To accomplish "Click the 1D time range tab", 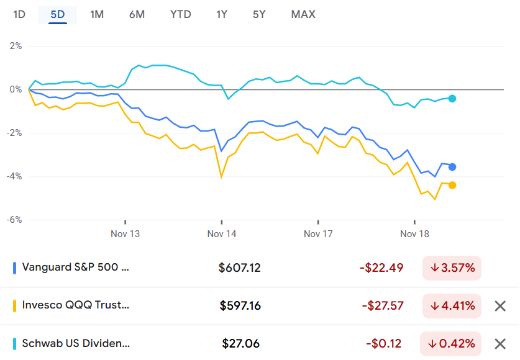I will (x=19, y=14).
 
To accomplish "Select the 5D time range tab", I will (x=58, y=14).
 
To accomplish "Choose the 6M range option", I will (x=137, y=14).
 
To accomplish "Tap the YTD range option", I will (x=181, y=14).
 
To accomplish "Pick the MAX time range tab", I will (x=303, y=14).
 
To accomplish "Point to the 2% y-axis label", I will (x=15, y=46).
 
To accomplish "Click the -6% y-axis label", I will (x=14, y=220).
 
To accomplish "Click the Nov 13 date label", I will (x=125, y=234).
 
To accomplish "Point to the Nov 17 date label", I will (x=318, y=234).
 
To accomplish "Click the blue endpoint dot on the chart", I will (x=452, y=167).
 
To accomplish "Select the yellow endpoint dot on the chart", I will (x=452, y=185).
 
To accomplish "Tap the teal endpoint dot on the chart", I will (x=452, y=99).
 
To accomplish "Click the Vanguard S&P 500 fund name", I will (x=76, y=268).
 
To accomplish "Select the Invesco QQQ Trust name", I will (x=76, y=305).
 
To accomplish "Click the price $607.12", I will (x=240, y=268).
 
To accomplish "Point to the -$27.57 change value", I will (x=381, y=305).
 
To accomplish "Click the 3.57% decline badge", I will (x=452, y=268).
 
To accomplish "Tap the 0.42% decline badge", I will (x=452, y=343).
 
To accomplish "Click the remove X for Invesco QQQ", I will (x=500, y=305).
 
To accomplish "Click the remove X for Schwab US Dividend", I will (x=500, y=343).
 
